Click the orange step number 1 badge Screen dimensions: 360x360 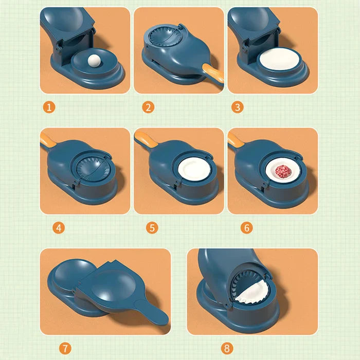point(49,107)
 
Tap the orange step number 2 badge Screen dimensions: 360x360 point(148,107)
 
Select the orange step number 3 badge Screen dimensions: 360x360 point(237,107)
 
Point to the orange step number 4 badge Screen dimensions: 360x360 point(59,227)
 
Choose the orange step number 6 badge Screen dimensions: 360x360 point(247,227)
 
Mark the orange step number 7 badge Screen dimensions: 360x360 point(64,348)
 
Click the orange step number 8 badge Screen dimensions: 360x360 point(227,348)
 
